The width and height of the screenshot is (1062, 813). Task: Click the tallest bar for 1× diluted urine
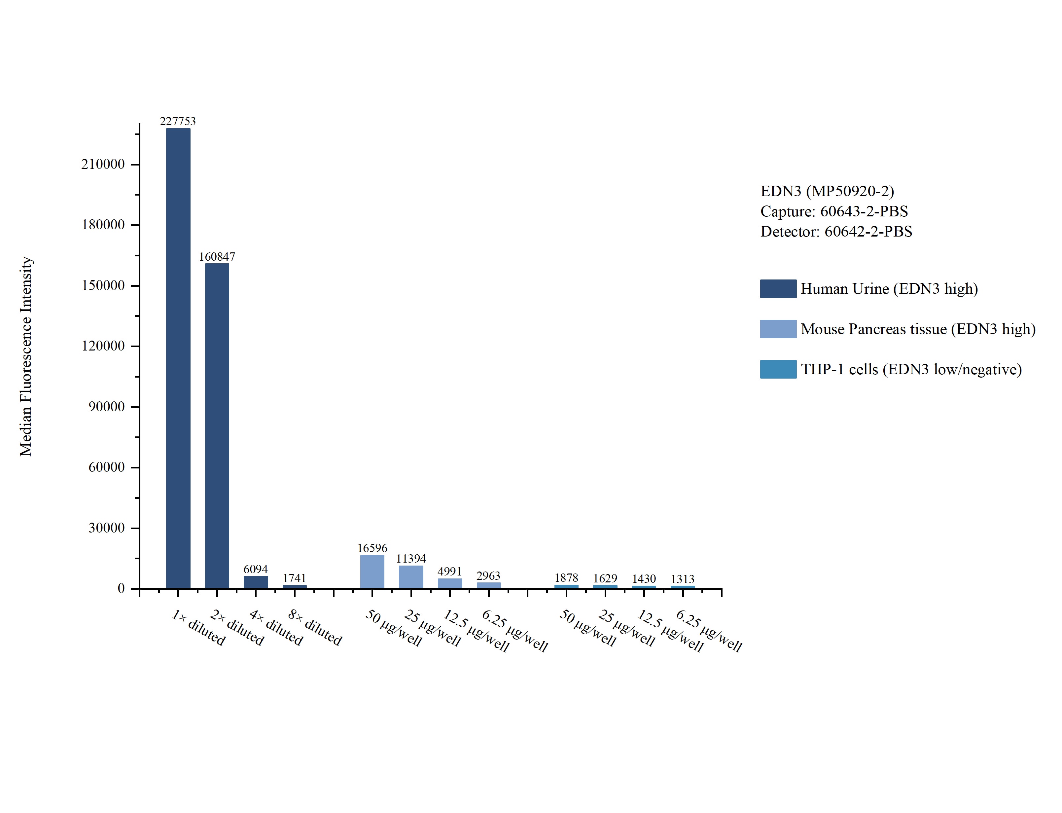click(178, 358)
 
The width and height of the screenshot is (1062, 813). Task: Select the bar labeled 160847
click(217, 426)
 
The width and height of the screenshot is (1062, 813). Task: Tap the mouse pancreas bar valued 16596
click(372, 572)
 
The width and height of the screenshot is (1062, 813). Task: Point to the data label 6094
click(255, 569)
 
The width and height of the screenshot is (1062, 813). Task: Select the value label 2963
click(488, 576)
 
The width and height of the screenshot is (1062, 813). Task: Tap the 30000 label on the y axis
click(106, 528)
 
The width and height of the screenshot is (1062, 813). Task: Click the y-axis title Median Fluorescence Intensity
click(26, 356)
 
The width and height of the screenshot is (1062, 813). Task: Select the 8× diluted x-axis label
click(315, 628)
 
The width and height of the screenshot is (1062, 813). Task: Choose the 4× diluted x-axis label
click(276, 628)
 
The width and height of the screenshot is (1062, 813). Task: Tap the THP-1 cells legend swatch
click(778, 369)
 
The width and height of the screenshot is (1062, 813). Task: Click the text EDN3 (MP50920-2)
click(827, 191)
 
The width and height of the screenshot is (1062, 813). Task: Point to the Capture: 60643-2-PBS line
click(834, 211)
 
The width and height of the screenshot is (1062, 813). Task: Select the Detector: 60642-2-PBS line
click(836, 232)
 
